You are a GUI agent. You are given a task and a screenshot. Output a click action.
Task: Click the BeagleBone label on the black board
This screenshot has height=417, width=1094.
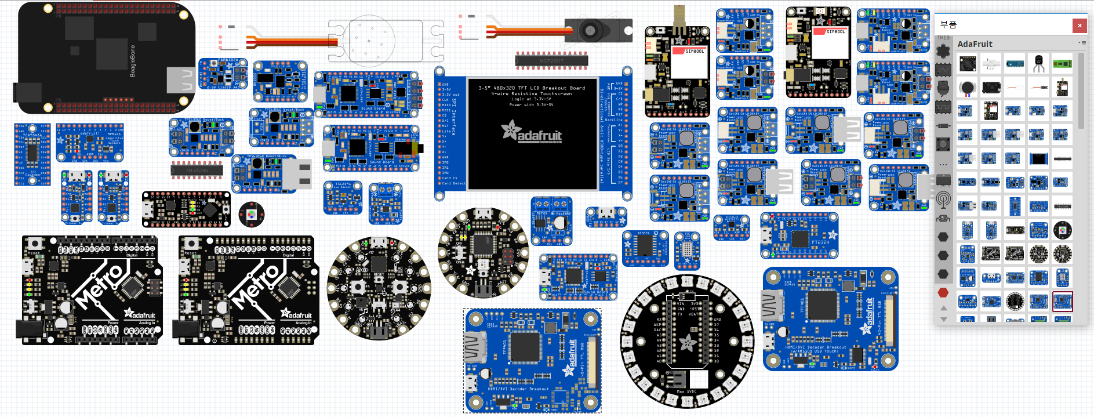pos(132,61)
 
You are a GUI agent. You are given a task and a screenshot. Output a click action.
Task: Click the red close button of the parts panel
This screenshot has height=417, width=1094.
pos(1079,26)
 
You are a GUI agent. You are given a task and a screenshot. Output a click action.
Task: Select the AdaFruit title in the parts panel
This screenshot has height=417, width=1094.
pos(975,44)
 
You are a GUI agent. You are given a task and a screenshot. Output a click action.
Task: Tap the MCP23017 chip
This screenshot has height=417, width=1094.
pos(551,60)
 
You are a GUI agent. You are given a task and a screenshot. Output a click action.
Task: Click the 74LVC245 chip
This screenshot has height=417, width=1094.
pos(197,171)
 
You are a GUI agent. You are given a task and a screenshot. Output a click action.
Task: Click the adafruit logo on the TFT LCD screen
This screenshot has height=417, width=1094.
pos(532,132)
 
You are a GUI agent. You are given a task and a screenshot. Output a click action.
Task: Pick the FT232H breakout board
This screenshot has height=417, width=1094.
pos(799,235)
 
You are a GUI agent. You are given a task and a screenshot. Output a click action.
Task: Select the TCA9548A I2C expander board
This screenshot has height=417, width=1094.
pos(32,154)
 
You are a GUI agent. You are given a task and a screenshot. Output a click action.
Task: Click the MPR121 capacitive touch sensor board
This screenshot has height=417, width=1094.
pos(89,142)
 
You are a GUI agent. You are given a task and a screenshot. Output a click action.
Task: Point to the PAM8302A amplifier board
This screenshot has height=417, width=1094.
pos(223,73)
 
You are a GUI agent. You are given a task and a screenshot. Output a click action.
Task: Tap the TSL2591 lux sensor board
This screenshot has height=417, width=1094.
pos(343,198)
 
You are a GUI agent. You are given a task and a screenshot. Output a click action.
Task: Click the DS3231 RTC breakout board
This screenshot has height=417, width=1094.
pos(645,248)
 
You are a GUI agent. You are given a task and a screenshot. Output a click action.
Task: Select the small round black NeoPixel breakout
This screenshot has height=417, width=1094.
pos(251,215)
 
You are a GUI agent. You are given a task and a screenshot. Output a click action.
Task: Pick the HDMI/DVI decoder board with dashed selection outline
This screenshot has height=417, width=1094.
pos(532,361)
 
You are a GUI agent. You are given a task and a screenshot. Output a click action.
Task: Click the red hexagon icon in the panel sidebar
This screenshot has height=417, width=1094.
pos(943,293)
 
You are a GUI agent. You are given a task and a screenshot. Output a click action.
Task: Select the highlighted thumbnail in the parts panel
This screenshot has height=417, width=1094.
pos(1062,302)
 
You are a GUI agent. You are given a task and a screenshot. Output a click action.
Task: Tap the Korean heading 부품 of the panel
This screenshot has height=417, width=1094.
pos(948,24)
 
